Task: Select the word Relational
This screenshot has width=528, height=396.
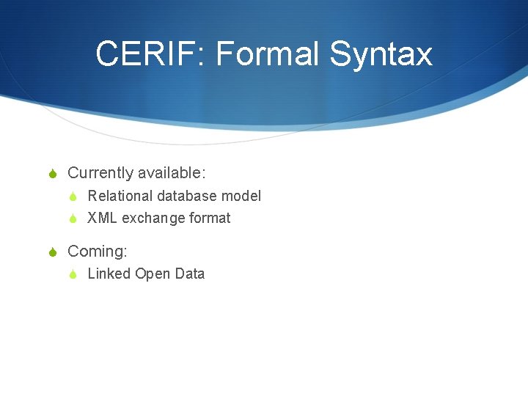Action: coord(120,196)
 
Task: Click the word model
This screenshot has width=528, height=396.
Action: coord(241,196)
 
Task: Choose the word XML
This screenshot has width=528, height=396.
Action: coord(102,218)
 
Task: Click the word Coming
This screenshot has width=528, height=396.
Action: coord(97,252)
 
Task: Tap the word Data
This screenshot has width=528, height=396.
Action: coord(190,274)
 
